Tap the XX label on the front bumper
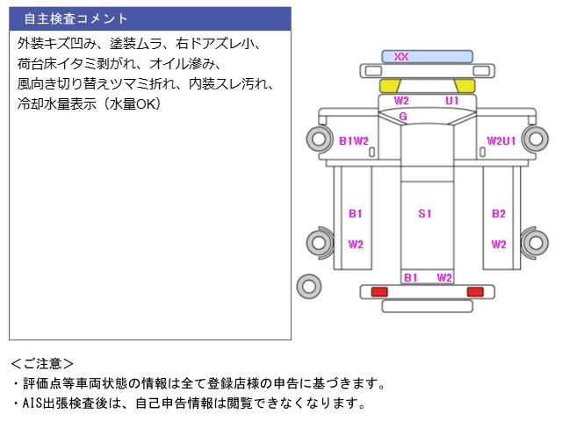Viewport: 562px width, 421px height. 401,57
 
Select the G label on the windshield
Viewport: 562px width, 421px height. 403,116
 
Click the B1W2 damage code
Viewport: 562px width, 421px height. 353,140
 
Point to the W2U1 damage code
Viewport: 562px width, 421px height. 501,140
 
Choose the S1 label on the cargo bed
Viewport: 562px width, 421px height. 425,213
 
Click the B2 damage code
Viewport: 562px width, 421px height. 499,213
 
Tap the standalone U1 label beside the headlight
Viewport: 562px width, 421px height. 452,101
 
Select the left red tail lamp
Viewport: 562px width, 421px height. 379,291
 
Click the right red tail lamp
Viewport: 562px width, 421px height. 475,291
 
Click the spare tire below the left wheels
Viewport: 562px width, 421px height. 308,284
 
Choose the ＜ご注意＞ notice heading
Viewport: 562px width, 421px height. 42,363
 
